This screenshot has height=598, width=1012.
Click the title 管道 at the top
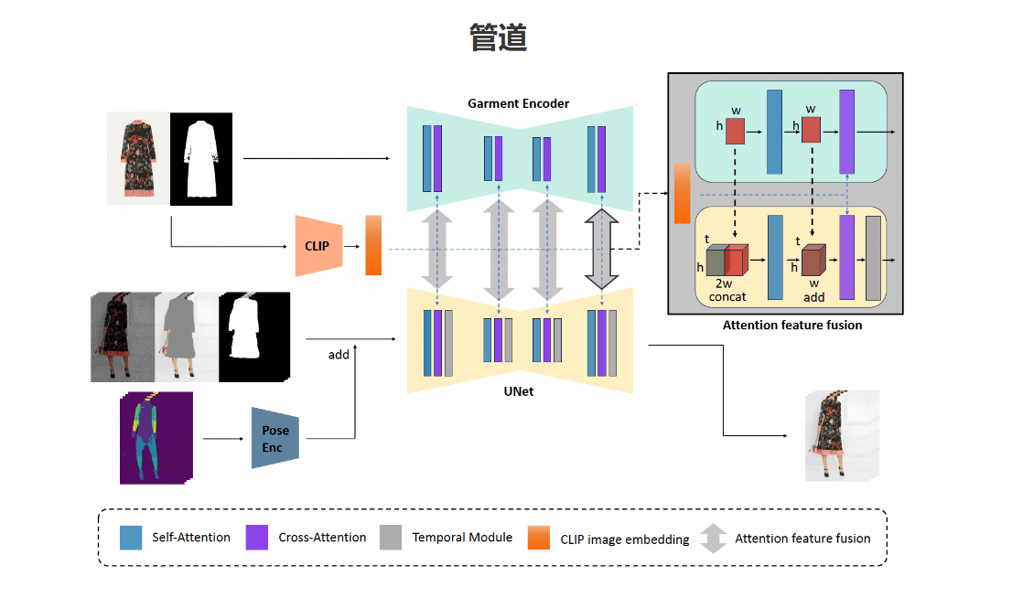[x=498, y=37]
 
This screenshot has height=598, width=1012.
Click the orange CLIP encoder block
[x=318, y=246]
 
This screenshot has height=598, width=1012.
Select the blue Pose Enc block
[x=275, y=438]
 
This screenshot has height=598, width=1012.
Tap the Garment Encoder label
[x=518, y=103]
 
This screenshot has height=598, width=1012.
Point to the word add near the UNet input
[x=339, y=354]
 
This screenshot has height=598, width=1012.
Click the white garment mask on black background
[x=201, y=157]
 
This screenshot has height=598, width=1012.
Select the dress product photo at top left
[x=137, y=157]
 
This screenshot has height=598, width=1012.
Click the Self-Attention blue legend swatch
[x=131, y=538]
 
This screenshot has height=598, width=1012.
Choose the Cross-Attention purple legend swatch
[x=256, y=538]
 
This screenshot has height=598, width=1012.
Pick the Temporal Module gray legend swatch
[x=391, y=538]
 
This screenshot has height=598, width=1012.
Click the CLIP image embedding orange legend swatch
[x=539, y=538]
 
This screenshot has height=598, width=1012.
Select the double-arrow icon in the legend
[x=714, y=539]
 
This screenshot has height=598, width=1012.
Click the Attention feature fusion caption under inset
[x=791, y=325]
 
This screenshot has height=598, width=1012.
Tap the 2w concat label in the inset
[x=727, y=291]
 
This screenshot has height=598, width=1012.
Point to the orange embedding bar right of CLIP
[x=373, y=245]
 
